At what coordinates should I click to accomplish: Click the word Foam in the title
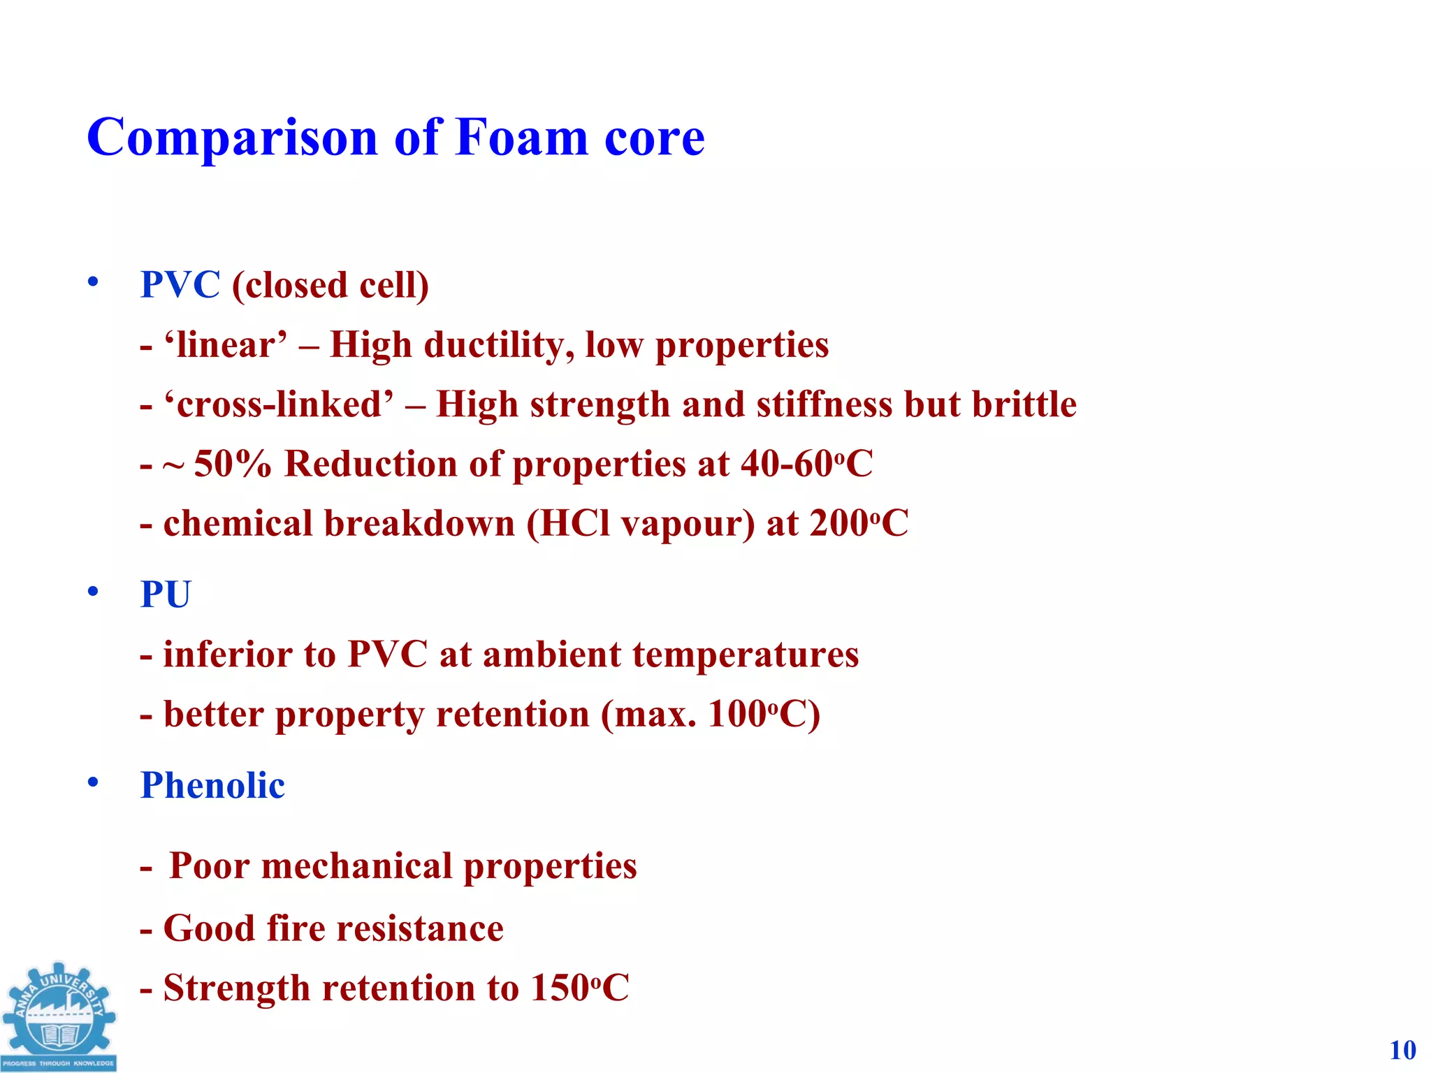[521, 138]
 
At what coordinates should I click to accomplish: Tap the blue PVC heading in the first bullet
[180, 285]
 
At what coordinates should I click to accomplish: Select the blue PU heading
[166, 594]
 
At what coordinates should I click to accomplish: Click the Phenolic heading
[212, 785]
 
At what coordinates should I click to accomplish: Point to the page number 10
[1402, 1050]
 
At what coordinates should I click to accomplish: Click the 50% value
[232, 464]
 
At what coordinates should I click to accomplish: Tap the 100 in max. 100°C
[737, 715]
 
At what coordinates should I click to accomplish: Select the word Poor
[209, 866]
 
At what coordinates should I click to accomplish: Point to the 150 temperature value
[560, 988]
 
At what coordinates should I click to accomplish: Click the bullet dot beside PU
[93, 592]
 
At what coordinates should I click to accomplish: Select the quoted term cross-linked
[278, 404]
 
